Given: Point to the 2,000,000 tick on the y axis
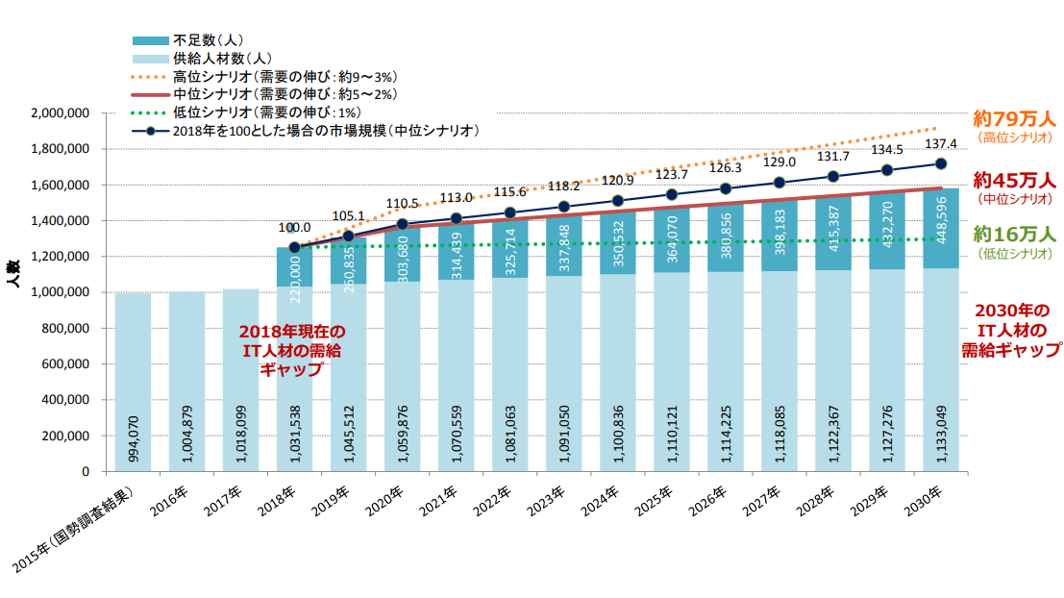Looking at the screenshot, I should (61, 113).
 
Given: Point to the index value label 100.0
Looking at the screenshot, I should (294, 228).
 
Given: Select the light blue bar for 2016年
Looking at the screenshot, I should (186, 381).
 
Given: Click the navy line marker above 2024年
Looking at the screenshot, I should (618, 201).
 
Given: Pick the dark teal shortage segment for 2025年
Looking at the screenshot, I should (672, 237).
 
